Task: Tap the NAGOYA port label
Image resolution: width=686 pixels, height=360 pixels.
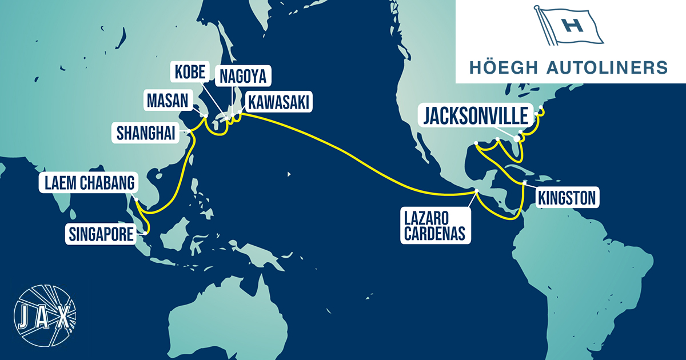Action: click(x=242, y=75)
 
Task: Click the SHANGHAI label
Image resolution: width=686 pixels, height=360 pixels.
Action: click(x=147, y=133)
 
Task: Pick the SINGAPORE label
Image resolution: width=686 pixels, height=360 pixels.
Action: click(x=101, y=233)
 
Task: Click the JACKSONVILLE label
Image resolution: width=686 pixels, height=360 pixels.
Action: click(x=476, y=116)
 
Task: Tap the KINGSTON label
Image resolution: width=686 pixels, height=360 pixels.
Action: click(x=567, y=198)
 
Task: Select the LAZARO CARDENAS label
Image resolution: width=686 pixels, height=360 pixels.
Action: click(x=436, y=226)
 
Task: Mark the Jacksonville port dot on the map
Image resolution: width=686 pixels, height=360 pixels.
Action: click(x=518, y=138)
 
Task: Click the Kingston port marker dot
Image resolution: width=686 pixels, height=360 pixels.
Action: click(x=525, y=183)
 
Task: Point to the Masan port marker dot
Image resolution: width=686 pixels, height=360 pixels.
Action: click(x=205, y=116)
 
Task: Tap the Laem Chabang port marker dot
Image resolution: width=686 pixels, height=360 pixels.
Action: click(x=137, y=198)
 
